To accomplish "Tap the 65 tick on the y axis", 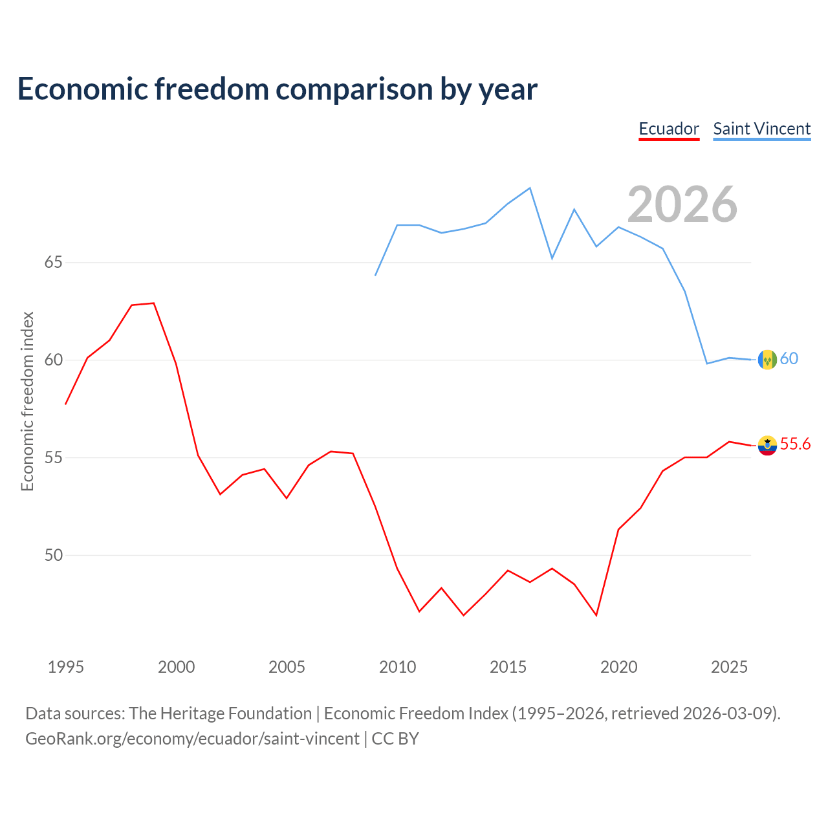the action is (x=54, y=262).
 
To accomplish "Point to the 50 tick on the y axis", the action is (x=54, y=555).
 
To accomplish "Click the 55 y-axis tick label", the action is (x=54, y=457).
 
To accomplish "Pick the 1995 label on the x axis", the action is (x=66, y=667).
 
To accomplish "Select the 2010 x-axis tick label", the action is (x=397, y=667).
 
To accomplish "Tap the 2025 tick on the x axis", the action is (x=729, y=667).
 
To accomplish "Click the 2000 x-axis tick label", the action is (x=176, y=667).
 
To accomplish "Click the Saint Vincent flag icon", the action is (x=767, y=360).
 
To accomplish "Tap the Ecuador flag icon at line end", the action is (x=767, y=446).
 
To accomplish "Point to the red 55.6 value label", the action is (x=796, y=444).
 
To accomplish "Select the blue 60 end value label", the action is (x=789, y=358).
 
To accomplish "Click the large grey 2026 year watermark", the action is (x=682, y=204).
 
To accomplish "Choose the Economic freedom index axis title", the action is (x=27, y=401).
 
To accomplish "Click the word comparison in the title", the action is (x=354, y=89).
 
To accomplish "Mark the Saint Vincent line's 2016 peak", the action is (x=530, y=188).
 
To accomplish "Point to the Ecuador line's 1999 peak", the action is (x=154, y=303).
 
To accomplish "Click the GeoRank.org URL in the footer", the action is (x=193, y=739).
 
